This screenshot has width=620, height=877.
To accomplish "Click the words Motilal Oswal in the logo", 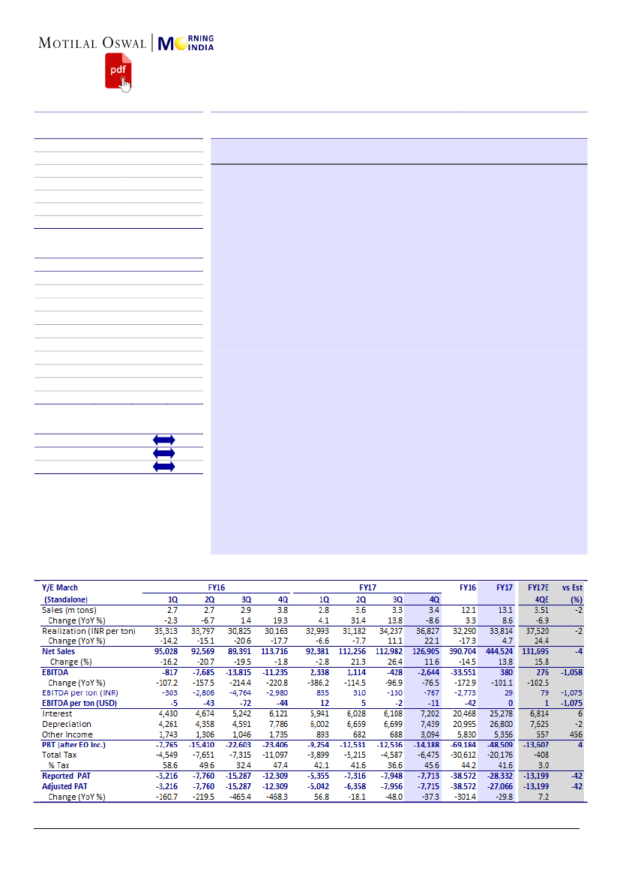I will tap(93, 43).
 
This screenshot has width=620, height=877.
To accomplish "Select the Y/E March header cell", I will tap(60, 588).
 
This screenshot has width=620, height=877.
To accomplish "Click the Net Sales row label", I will tap(59, 652).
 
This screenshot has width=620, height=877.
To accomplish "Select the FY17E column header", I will tap(538, 588).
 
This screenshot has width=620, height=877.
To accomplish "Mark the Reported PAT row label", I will tap(68, 776).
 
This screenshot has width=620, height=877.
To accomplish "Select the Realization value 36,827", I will tap(421, 631).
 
